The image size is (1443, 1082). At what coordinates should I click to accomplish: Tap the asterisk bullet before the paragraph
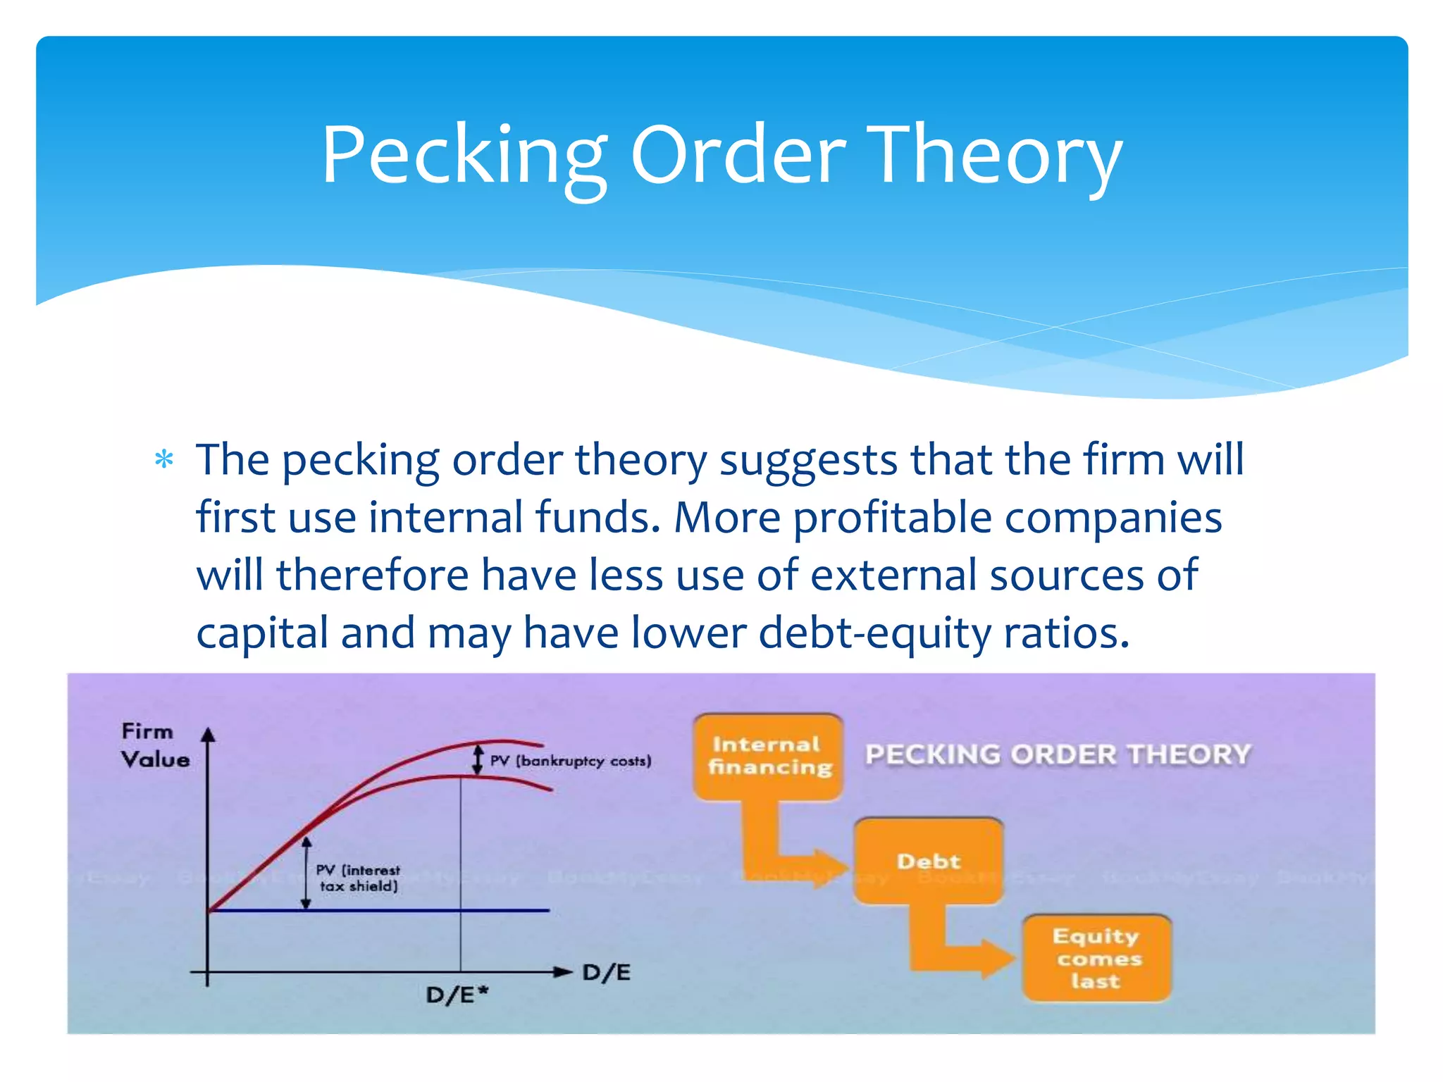point(164,460)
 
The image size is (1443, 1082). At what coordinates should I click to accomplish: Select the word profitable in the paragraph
point(892,518)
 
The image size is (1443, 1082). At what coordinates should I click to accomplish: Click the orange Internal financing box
point(768,757)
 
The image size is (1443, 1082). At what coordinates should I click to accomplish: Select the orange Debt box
point(928,862)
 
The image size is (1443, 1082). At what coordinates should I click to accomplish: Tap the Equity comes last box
point(1096,959)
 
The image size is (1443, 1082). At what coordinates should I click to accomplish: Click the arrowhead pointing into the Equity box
point(998,959)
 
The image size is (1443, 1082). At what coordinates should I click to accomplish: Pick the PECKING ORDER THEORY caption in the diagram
point(1057,754)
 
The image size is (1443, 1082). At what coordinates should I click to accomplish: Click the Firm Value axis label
point(154,745)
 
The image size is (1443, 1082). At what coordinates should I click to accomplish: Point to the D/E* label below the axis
point(457,995)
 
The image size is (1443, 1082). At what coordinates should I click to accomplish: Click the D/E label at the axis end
point(606,973)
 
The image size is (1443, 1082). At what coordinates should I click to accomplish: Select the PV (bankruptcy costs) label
point(570,761)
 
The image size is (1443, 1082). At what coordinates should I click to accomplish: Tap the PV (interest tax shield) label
point(358,878)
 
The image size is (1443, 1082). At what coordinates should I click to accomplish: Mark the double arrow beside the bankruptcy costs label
point(478,761)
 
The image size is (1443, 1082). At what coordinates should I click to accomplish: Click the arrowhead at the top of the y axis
point(207,735)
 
